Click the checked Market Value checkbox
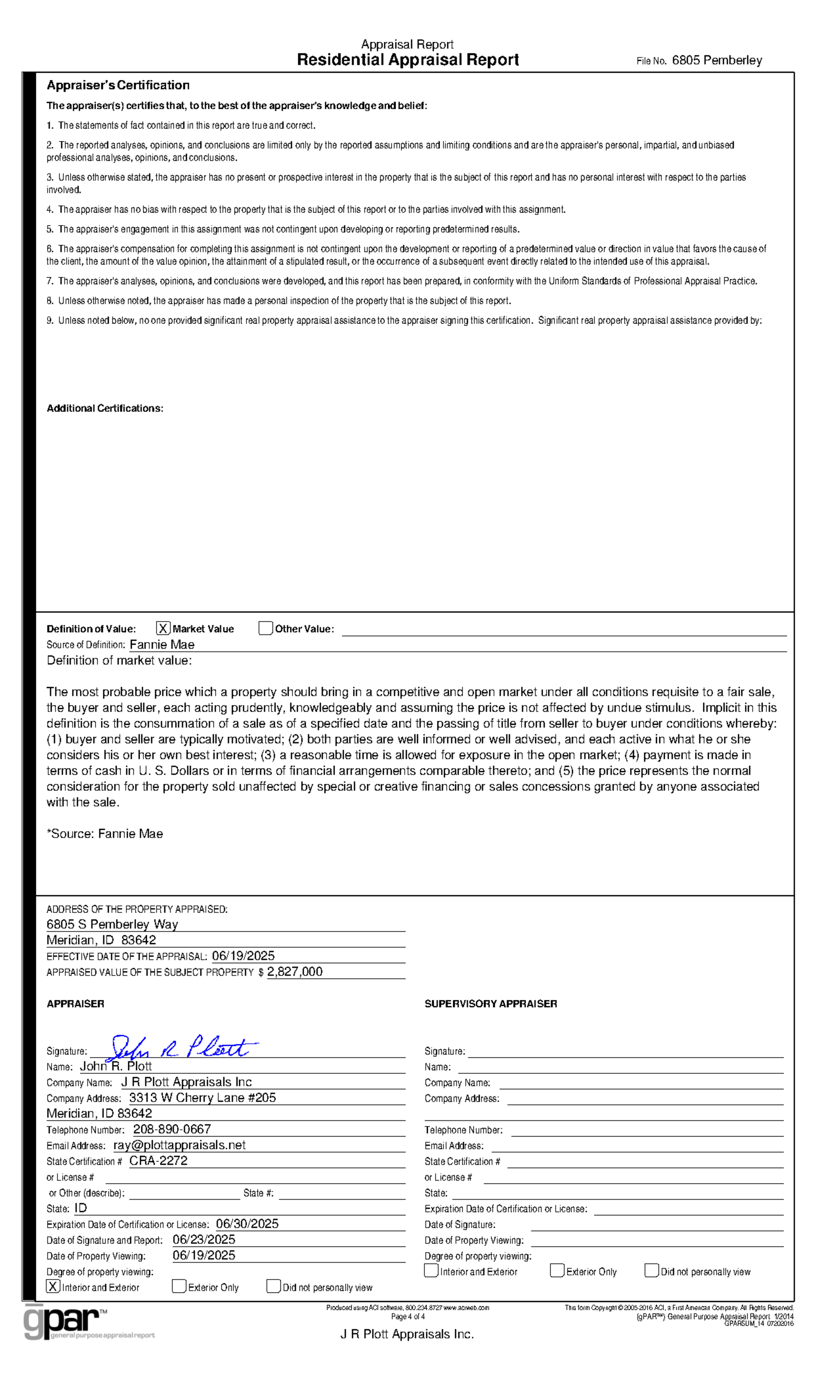[163, 628]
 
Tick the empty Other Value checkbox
[265, 628]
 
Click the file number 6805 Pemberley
[717, 60]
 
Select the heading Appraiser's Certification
[118, 85]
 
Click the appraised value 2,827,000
[295, 971]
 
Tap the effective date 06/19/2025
[243, 956]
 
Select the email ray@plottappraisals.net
[179, 1145]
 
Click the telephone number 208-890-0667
[172, 1129]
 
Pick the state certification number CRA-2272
[159, 1161]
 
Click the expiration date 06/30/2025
[247, 1224]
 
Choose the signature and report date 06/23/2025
[203, 1240]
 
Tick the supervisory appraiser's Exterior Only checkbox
[557, 1271]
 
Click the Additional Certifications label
[105, 409]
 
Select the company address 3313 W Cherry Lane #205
[202, 1098]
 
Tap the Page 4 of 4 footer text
[408, 1317]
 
